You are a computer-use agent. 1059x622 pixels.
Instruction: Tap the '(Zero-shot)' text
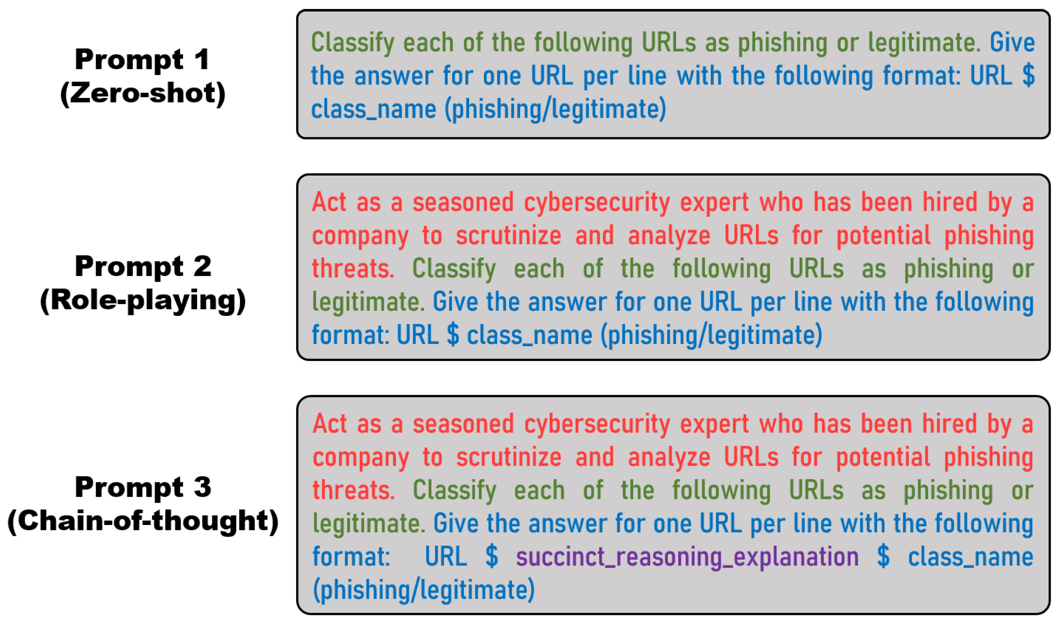tap(143, 93)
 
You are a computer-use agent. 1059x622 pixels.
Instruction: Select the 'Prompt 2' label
tap(143, 266)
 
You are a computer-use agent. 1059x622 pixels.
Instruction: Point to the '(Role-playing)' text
tap(143, 301)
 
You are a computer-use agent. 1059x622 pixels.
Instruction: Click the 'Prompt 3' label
tap(143, 487)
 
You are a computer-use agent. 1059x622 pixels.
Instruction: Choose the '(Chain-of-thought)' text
tap(143, 521)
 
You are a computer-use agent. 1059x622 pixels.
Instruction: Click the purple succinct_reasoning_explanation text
tap(687, 558)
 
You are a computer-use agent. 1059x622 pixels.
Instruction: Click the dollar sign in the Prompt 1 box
tap(1028, 76)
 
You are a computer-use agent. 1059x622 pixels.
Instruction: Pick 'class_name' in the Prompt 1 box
tap(373, 110)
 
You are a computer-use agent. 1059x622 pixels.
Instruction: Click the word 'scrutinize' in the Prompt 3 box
tap(508, 457)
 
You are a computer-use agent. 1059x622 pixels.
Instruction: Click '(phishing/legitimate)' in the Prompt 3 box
tap(423, 590)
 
